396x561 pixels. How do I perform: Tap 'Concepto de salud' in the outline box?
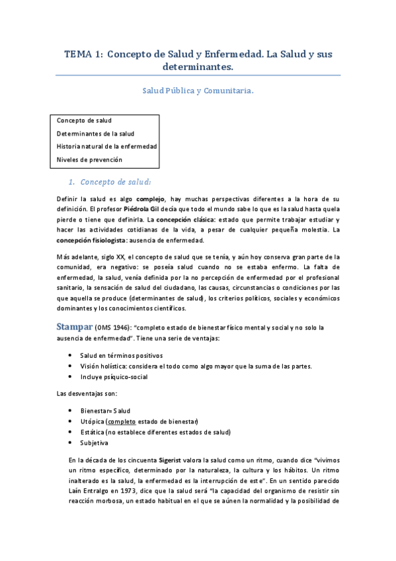coord(84,120)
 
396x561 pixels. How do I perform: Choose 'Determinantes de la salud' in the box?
coord(95,134)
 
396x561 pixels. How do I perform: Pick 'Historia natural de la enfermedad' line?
coord(106,146)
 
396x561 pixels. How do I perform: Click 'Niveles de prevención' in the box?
coord(89,159)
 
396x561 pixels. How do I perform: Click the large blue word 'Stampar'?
coord(77,326)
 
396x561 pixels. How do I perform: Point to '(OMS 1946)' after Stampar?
coord(117,327)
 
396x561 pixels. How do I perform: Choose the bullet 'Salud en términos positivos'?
coord(122,355)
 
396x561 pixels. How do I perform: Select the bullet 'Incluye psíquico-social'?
coord(114,377)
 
